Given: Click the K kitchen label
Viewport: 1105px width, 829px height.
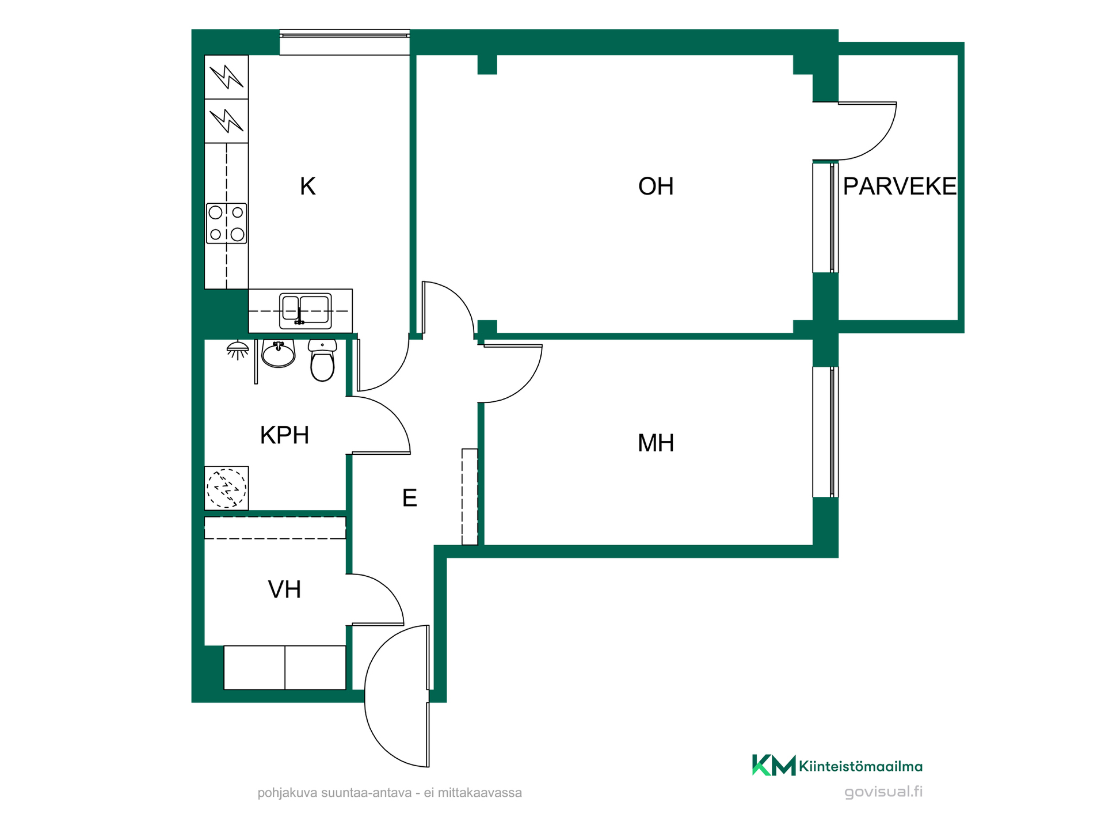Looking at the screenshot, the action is pos(307,187).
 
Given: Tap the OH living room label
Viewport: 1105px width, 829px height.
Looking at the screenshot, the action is pos(656,187).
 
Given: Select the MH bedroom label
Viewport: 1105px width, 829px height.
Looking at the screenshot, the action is pos(656,443).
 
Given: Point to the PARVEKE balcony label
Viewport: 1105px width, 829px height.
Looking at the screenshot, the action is pos(899,187).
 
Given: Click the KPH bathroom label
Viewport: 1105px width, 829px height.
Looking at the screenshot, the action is pos(284,435).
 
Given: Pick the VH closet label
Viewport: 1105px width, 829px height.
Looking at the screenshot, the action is pos(284,590).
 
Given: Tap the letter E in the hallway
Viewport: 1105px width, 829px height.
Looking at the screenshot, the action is pos(409,498).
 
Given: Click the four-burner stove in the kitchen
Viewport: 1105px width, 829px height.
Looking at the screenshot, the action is pos(227,223).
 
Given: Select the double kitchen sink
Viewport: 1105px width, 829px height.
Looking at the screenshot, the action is pos(306,311).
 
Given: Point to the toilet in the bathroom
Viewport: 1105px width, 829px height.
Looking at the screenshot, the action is pos(322,360).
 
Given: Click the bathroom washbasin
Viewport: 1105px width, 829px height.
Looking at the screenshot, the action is pos(279,353).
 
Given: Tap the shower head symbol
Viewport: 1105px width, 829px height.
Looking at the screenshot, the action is pos(238,350).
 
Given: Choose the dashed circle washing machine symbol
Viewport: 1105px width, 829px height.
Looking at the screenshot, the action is pos(227,488).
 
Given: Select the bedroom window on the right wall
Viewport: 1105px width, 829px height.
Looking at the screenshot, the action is pos(825,432).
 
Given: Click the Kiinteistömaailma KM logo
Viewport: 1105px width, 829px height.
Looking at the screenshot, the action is pos(837,766).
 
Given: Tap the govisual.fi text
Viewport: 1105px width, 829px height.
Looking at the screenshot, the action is pos(883,792).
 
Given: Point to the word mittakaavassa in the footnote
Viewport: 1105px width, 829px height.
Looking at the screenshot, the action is pos(479,793).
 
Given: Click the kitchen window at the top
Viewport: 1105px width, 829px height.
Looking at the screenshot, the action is pos(345,42).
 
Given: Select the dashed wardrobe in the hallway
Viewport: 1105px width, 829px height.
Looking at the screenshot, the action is pos(470,497).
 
